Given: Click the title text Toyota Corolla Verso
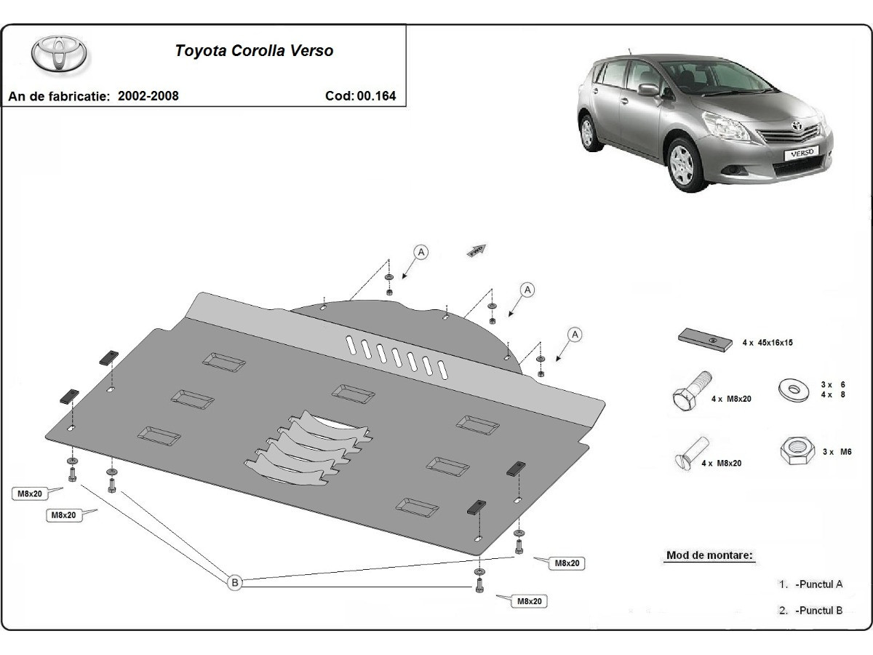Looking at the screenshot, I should pyautogui.click(x=254, y=51).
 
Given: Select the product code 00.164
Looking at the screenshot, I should pyautogui.click(x=376, y=95).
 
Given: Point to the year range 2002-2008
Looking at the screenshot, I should pyautogui.click(x=148, y=95).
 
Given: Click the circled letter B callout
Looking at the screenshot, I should pyautogui.click(x=235, y=581).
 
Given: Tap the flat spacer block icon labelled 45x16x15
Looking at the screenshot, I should pyautogui.click(x=705, y=339).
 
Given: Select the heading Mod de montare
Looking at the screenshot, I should pyautogui.click(x=709, y=555).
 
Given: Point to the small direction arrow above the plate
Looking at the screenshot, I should pyautogui.click(x=477, y=250).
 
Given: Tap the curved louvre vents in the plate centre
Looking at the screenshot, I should pyautogui.click(x=309, y=448).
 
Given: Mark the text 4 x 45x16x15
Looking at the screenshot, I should pyautogui.click(x=767, y=342).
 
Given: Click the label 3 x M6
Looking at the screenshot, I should pyautogui.click(x=837, y=451).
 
